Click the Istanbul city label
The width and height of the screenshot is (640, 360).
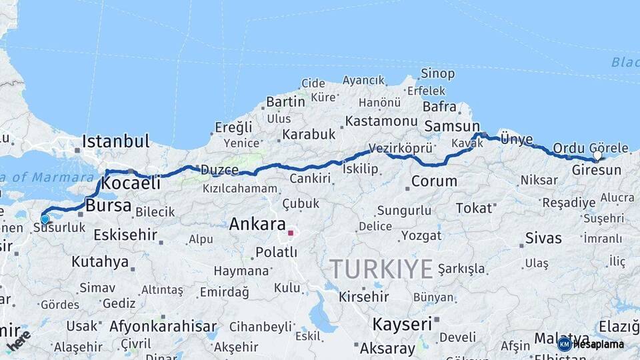click(x=115, y=141)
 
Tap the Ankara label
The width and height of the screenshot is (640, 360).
click(x=257, y=225)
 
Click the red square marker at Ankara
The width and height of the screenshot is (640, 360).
click(x=290, y=233)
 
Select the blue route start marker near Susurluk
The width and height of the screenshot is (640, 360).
click(x=45, y=219)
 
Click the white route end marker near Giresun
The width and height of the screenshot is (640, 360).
click(x=597, y=155)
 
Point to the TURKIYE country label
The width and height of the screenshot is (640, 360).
click(x=381, y=269)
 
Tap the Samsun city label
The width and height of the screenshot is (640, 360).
click(x=451, y=126)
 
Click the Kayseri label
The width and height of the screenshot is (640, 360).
click(x=403, y=325)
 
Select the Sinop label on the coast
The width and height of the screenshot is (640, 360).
click(x=438, y=73)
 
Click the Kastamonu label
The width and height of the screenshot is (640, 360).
click(x=381, y=121)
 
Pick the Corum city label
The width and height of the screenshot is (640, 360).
click(x=434, y=181)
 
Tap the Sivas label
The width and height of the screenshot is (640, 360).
click(x=543, y=238)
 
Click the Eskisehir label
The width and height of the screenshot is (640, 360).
click(x=125, y=235)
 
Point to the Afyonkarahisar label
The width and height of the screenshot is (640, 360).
click(x=163, y=327)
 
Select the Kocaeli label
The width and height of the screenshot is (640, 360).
click(x=131, y=183)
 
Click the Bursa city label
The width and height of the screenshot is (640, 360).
click(x=108, y=205)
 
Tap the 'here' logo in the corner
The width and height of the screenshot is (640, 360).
click(x=18, y=339)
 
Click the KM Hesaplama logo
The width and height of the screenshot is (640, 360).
click(x=591, y=344)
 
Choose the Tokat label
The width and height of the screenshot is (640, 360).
click(x=473, y=208)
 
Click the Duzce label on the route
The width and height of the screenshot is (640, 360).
click(x=219, y=170)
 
